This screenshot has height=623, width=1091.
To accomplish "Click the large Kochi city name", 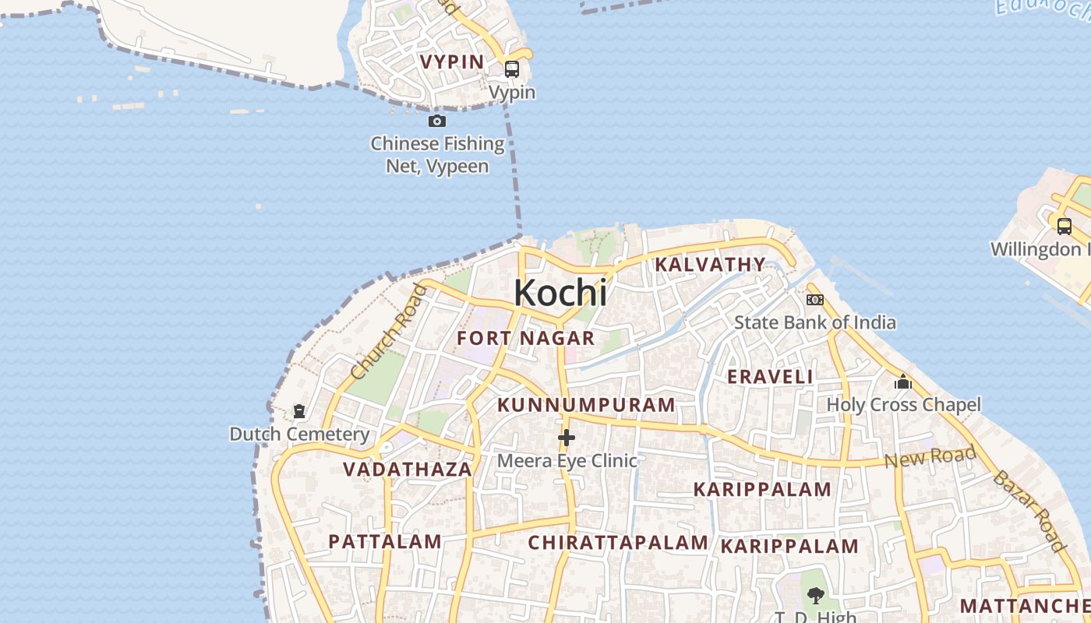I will [x=560, y=293].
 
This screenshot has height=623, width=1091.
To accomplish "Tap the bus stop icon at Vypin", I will [x=512, y=69].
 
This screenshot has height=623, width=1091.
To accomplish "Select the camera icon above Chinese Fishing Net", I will [x=437, y=121].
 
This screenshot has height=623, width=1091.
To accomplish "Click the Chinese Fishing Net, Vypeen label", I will [x=437, y=154].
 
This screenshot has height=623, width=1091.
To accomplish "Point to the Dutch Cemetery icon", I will [x=299, y=410].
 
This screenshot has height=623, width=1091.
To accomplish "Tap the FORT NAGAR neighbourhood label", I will [x=525, y=338].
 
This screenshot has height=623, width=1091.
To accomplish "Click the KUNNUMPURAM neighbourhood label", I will [x=586, y=405].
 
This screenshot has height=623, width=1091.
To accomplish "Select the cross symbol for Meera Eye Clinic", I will [x=567, y=438].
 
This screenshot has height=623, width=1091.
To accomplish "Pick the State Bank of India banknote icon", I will [x=814, y=300].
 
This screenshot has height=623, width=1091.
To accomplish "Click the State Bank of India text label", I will [x=814, y=322].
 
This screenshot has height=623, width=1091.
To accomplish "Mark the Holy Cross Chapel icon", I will [x=903, y=382].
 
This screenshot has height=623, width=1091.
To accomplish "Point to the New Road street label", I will [x=930, y=457].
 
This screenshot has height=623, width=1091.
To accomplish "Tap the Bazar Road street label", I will [x=1029, y=509].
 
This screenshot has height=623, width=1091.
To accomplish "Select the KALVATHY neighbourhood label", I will [x=710, y=265].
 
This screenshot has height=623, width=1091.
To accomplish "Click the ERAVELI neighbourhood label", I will [x=770, y=377].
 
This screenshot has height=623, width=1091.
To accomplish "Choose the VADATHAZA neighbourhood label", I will [x=408, y=470].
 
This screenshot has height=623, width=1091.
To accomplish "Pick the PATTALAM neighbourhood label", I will [x=385, y=541].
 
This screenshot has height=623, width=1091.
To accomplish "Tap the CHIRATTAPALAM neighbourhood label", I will [x=618, y=543].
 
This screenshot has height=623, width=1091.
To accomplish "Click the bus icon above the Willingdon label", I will [x=1064, y=227].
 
